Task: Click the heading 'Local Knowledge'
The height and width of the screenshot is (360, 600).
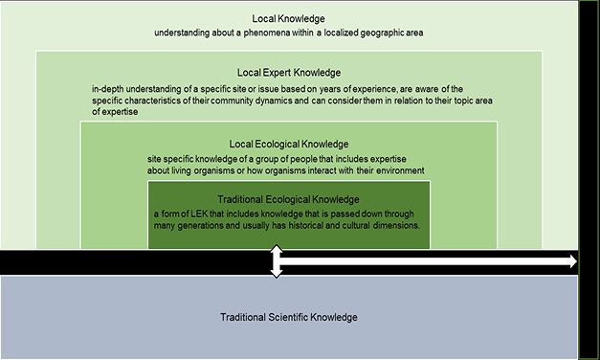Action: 289,18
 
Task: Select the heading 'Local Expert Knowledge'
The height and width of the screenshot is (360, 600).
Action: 289,72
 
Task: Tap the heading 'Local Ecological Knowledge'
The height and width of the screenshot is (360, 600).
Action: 289,144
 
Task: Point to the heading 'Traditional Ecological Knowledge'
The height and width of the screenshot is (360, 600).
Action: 289,197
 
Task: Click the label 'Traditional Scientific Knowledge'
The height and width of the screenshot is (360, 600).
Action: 289,317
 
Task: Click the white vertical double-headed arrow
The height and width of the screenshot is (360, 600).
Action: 277,261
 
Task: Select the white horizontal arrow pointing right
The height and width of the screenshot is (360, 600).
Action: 431,261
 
